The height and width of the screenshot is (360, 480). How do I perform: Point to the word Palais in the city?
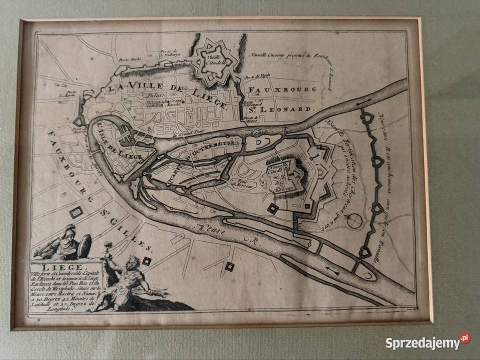[155, 99]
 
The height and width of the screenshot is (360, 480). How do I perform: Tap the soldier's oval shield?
[84, 246]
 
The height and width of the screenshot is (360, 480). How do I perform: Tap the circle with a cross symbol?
[354, 221]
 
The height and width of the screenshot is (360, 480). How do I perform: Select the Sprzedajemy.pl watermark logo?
[427, 343]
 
